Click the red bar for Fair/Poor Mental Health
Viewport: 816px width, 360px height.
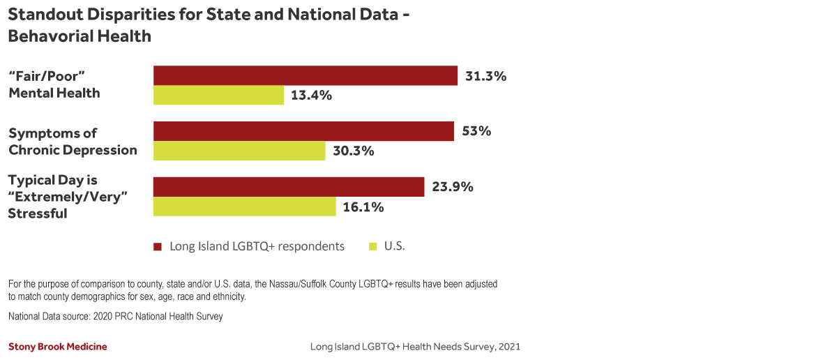[305, 75]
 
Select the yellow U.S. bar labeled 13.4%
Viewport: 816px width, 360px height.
[218, 96]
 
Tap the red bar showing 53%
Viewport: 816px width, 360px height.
[303, 131]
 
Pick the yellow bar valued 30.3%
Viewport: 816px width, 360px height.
[239, 151]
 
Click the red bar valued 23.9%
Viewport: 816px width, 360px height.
[289, 187]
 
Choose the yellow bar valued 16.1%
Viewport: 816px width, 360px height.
[244, 207]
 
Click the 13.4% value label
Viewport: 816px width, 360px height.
[311, 96]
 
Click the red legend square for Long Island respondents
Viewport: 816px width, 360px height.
[158, 246]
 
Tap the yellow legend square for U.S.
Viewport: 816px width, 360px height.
[373, 246]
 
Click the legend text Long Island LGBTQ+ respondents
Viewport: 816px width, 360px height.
[257, 246]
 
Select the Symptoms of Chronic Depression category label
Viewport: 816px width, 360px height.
[72, 141]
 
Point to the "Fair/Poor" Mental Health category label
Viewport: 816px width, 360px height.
[54, 84]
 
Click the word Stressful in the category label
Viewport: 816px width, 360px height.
[38, 214]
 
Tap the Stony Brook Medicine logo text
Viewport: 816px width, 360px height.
[58, 347]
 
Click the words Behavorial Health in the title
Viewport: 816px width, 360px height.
[80, 36]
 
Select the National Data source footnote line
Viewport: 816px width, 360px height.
[116, 317]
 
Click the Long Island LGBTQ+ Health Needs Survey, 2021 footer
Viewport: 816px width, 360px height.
[415, 347]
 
